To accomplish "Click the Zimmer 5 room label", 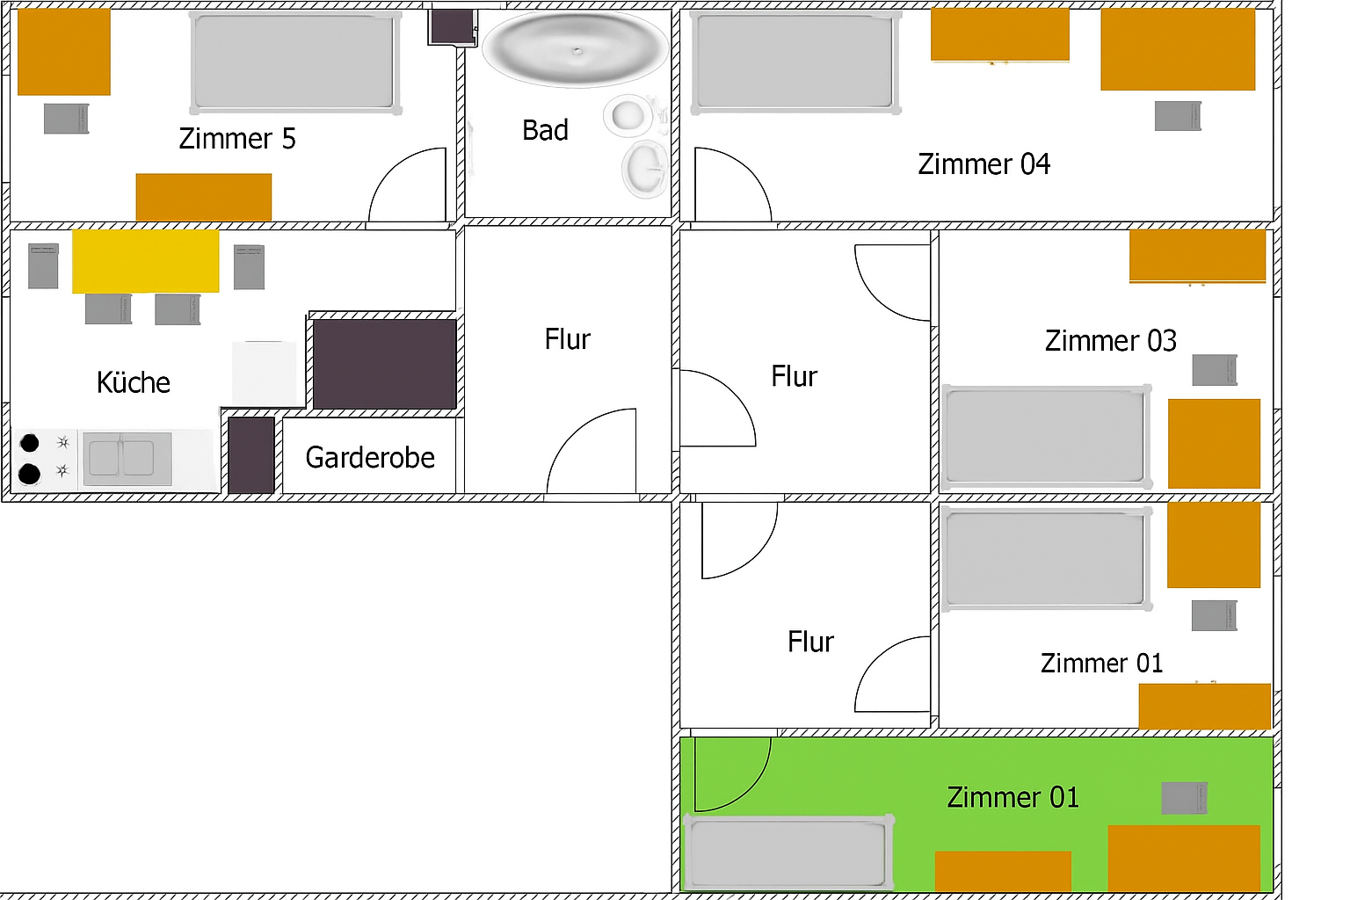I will tap(237, 139).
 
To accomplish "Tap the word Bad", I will tap(545, 130).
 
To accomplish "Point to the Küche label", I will tap(134, 382).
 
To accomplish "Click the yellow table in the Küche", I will tap(146, 261).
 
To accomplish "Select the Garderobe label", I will tap(370, 457).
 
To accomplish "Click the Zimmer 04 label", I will tap(983, 164).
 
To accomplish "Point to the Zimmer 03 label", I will tap(1110, 340).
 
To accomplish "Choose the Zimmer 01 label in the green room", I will tap(1012, 797).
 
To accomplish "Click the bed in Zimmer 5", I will tap(294, 62).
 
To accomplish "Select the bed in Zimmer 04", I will tap(795, 62).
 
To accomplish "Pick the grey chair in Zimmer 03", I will tap(1214, 370).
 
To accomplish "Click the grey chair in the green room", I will tap(1183, 798).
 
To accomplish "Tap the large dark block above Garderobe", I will tap(385, 364).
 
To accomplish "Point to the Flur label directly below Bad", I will tap(567, 339).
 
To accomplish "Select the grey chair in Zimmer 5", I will tap(67, 119).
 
